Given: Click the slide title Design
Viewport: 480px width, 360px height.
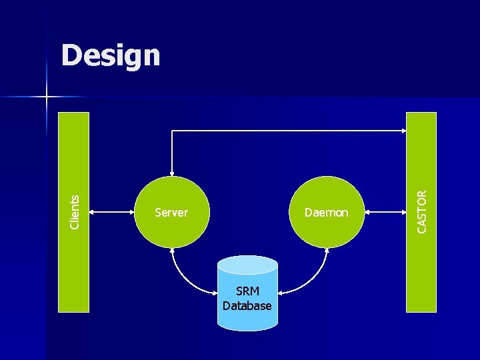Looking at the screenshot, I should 111,56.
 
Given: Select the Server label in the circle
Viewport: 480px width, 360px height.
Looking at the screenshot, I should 171,213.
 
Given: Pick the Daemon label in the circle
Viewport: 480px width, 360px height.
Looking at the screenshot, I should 326,213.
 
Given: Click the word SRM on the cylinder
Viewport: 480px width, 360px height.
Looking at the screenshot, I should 247,292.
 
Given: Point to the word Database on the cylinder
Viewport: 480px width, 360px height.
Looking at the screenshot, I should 247,306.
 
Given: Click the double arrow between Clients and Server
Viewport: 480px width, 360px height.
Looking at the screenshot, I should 112,213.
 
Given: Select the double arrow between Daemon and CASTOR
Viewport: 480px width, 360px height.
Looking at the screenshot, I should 385,213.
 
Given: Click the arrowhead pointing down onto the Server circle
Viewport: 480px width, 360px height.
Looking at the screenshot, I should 172,172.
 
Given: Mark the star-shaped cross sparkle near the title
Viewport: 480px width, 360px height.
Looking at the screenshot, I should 47,97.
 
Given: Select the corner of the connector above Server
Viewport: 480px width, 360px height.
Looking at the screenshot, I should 172,131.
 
